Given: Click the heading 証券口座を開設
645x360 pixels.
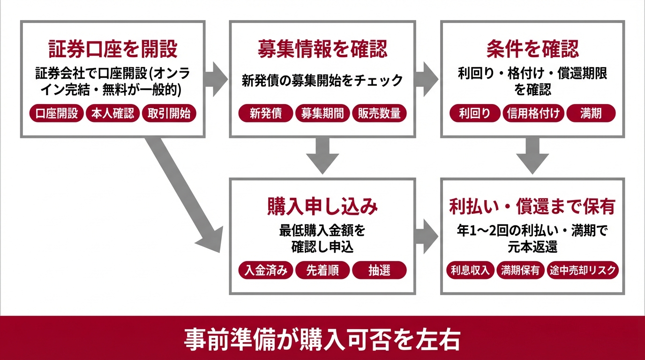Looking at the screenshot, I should tap(113, 48).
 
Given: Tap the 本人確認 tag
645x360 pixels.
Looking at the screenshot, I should tap(112, 113).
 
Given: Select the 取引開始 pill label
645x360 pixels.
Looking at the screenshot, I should tap(169, 113).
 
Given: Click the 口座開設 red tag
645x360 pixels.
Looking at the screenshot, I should tap(57, 113).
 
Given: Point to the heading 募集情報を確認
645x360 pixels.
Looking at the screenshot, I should tap(322, 48).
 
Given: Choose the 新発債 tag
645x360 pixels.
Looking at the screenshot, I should tap(266, 113).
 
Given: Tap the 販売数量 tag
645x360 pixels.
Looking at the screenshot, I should tap(379, 113).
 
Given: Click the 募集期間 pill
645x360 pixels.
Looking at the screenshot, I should tap(322, 113).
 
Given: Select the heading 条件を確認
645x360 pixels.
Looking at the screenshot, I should tap(532, 48).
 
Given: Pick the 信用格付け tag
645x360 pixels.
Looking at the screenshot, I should tap(534, 113).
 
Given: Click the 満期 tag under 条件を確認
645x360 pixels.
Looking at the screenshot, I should tap(591, 113).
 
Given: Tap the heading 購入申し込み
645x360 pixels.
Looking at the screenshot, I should tap(322, 207).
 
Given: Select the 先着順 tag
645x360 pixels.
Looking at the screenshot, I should tap(322, 270).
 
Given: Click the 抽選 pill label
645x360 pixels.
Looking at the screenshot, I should tap(379, 270).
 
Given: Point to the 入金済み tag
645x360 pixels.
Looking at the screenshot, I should tap(266, 270).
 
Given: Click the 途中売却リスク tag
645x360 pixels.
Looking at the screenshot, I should tap(583, 270).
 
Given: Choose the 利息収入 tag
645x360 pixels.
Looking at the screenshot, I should tap(470, 270).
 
